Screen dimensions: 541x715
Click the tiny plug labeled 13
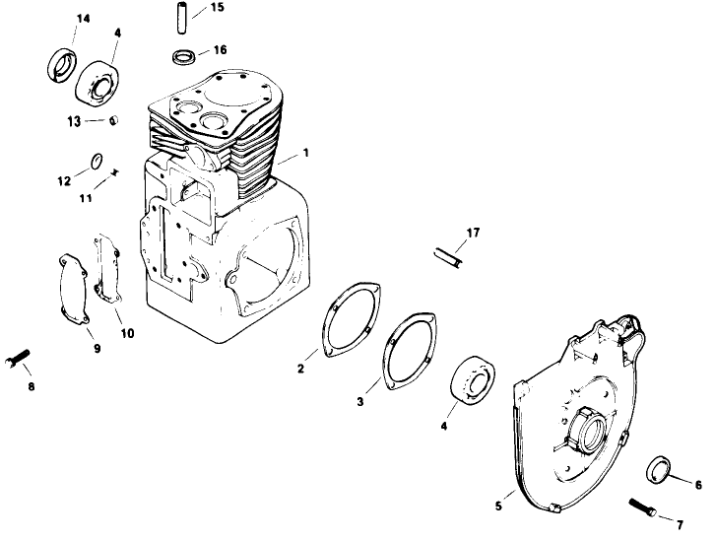pos(113,120)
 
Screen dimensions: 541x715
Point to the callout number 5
pos(498,506)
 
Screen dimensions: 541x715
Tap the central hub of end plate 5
pos(583,429)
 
